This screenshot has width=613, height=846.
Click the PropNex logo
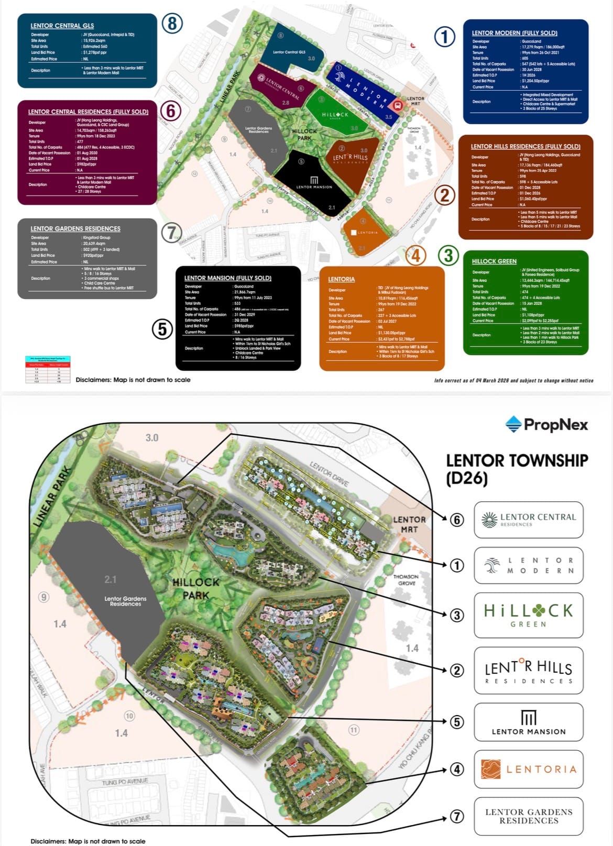point(546,424)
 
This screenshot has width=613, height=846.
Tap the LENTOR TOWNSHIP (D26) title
point(517,469)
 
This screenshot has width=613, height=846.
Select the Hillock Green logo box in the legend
point(528,615)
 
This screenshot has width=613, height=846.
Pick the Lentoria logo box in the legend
point(528,769)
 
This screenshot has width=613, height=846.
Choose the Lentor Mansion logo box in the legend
point(528,722)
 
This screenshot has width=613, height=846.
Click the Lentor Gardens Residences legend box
point(528,816)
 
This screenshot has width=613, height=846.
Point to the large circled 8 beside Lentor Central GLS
point(172,24)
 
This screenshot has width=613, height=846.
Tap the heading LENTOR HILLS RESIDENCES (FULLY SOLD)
point(525,146)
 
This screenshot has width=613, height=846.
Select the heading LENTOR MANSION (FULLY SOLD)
point(227,278)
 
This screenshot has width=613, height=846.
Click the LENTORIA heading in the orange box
point(341,279)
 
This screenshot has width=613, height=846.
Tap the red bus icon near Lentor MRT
point(398,105)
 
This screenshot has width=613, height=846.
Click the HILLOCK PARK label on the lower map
point(196,588)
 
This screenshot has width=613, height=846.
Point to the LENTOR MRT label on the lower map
point(409,524)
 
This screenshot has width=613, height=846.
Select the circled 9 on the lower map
point(44,597)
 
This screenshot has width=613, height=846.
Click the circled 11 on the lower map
point(354,730)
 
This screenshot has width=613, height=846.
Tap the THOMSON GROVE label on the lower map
point(407,579)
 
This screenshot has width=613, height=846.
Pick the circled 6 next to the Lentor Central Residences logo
point(457,520)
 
